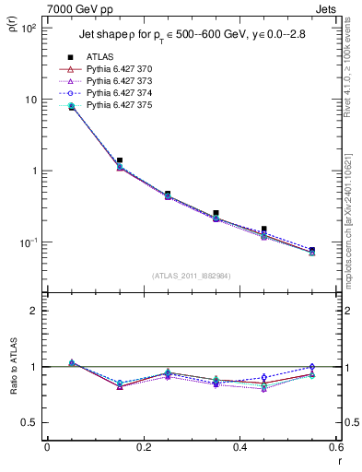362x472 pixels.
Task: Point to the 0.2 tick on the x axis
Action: click(x=143, y=448)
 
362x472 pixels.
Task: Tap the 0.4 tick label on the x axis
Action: click(x=239, y=448)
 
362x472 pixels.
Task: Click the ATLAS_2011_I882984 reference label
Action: click(x=191, y=276)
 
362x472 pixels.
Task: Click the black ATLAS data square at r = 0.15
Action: click(x=119, y=160)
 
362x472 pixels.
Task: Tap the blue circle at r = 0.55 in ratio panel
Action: click(x=312, y=367)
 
